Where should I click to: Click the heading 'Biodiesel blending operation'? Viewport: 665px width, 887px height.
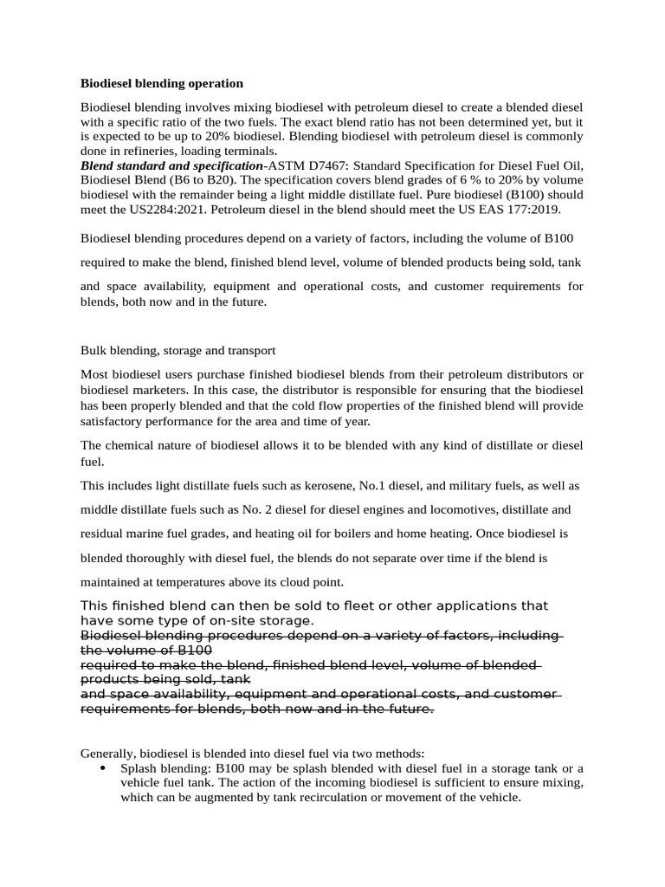tap(162, 83)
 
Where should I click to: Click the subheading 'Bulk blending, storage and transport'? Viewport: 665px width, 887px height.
tap(178, 351)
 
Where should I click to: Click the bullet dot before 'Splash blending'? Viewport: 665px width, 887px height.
tap(103, 768)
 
